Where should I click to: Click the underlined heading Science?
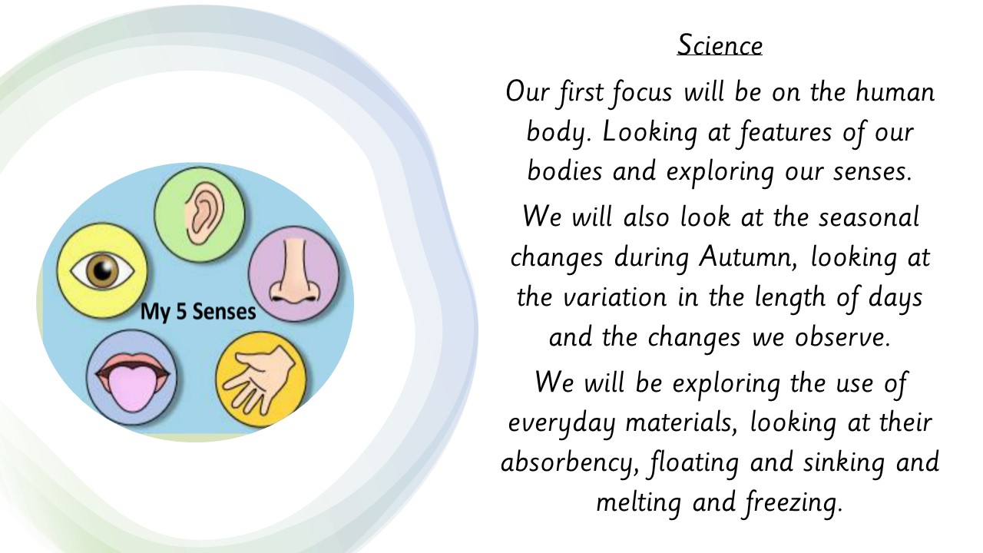[720, 45]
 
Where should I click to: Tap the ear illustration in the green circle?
[204, 213]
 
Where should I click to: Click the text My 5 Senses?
[198, 312]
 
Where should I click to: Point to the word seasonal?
[869, 217]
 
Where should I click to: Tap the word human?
[895, 92]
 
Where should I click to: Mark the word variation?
[615, 297]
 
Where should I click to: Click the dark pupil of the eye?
[103, 270]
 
